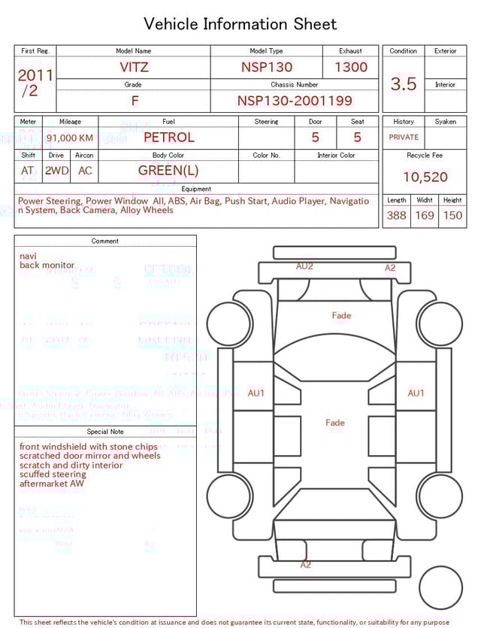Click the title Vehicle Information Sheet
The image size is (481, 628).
click(240, 24)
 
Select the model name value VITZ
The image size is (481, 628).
click(134, 67)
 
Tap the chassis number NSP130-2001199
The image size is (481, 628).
click(295, 101)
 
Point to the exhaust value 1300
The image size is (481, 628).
click(351, 67)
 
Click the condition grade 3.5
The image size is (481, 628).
click(404, 83)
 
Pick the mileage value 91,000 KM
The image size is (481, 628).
click(70, 138)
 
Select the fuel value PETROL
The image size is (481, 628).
click(168, 138)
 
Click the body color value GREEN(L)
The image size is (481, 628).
click(168, 171)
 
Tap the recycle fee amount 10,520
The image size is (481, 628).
click(425, 177)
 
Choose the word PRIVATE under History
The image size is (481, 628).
click(404, 137)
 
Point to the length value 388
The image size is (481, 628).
click(396, 216)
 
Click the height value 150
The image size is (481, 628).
click(452, 216)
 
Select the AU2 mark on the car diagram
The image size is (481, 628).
click(304, 266)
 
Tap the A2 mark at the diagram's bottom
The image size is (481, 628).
click(305, 564)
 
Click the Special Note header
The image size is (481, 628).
click(105, 432)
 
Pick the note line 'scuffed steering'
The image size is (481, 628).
click(53, 474)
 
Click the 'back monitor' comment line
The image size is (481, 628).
click(47, 265)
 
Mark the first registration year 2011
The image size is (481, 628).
click(35, 75)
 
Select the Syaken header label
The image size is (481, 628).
click(445, 121)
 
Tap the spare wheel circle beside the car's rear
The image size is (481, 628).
click(440, 587)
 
